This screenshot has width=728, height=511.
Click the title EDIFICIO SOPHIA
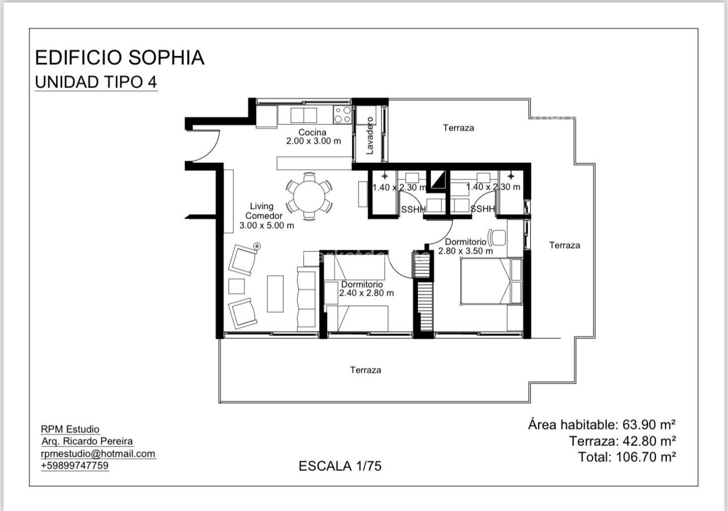click(x=119, y=58)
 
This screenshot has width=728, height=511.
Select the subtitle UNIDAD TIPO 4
click(x=96, y=82)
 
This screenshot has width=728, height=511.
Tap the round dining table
click(x=309, y=197)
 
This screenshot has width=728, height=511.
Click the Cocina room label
click(x=312, y=132)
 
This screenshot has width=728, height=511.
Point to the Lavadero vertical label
click(x=370, y=135)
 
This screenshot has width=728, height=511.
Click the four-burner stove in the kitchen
click(x=342, y=115)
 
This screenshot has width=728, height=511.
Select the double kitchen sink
click(x=303, y=115)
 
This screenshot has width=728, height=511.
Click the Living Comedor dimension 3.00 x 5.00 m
click(x=267, y=226)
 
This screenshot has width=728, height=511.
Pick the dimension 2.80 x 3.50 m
click(x=465, y=251)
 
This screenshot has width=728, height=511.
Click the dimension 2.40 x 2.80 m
click(x=366, y=293)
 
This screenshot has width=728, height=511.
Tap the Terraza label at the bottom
click(x=366, y=370)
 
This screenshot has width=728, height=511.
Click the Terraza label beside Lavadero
click(x=458, y=128)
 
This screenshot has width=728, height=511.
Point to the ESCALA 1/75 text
click(x=340, y=466)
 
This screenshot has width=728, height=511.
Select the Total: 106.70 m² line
click(x=627, y=457)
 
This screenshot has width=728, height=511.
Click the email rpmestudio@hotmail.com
click(x=98, y=454)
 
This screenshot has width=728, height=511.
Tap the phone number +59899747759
click(x=75, y=465)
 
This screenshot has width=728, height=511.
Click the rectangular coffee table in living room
click(x=275, y=294)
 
